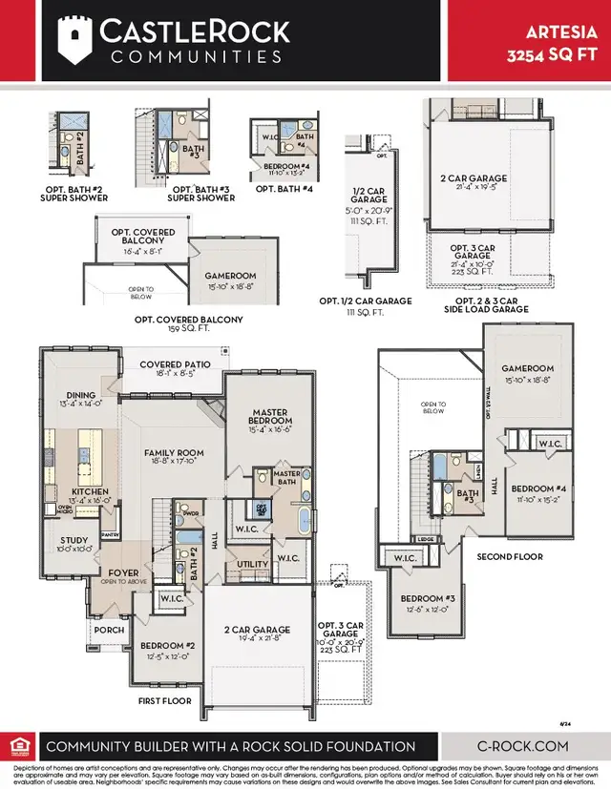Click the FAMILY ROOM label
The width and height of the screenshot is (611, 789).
pyautogui.click(x=174, y=453)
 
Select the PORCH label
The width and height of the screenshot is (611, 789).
pyautogui.click(x=109, y=630)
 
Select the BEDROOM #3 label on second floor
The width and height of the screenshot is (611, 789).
pyautogui.click(x=426, y=602)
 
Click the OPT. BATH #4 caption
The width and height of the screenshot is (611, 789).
pyautogui.click(x=284, y=190)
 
